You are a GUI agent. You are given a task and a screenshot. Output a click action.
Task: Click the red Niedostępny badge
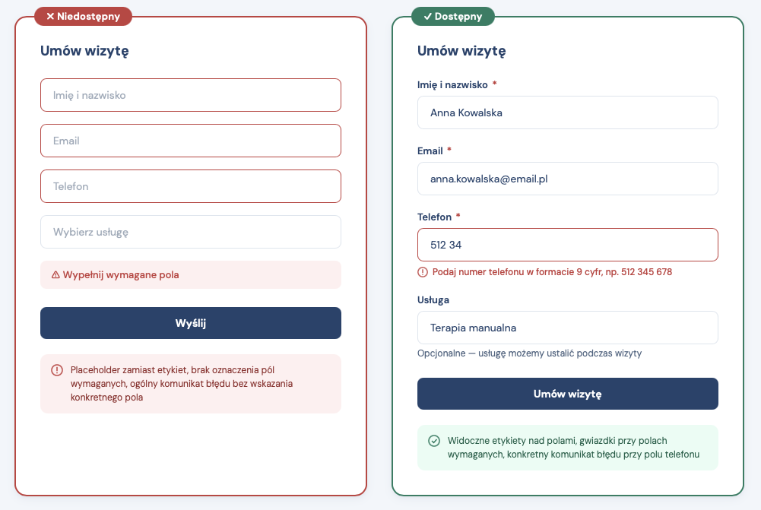point(84,16)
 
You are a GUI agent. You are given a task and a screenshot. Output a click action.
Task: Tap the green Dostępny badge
point(452,16)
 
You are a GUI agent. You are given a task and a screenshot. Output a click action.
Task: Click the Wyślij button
point(191,323)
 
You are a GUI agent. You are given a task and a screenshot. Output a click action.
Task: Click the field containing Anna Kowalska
point(567,112)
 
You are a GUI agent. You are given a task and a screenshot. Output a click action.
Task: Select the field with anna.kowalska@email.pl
point(567,179)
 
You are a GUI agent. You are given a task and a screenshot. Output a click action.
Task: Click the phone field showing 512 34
point(567,245)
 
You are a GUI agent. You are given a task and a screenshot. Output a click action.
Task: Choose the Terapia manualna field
point(567,328)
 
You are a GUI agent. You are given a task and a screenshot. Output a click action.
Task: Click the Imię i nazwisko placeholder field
point(191,95)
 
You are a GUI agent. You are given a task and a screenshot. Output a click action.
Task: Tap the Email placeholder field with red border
point(191,141)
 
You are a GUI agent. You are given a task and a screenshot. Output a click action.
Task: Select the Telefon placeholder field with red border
point(191,186)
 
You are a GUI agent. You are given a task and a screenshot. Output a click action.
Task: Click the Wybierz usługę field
point(191,232)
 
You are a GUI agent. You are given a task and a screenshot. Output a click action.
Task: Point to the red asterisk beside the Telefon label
point(458,217)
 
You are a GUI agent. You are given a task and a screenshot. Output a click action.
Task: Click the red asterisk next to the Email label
point(449,150)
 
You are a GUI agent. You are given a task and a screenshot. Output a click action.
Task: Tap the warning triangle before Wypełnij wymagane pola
point(55,275)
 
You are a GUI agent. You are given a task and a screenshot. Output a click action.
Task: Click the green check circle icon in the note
point(434,441)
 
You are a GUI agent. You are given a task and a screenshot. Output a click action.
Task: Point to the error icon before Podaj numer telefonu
point(423,272)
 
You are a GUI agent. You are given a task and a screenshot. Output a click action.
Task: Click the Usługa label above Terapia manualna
point(433,299)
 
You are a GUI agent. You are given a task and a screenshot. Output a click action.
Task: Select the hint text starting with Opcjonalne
point(529,353)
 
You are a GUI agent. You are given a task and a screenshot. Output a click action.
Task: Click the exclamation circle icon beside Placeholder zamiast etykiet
point(57,370)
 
